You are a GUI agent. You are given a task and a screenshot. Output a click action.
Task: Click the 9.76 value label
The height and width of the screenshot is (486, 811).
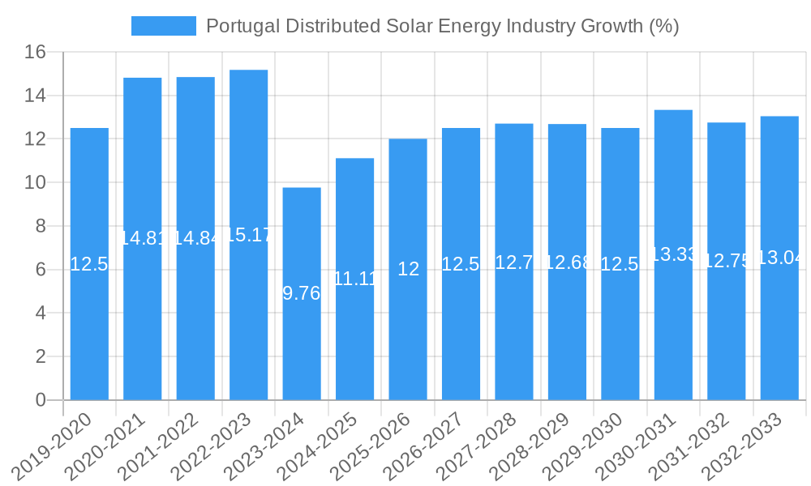click(302, 293)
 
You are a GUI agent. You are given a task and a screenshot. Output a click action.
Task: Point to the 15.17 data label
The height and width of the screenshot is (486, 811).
click(248, 236)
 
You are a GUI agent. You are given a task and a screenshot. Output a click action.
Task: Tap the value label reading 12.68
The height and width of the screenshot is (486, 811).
click(567, 262)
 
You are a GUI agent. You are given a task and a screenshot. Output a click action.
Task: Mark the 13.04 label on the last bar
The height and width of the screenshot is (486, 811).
click(779, 258)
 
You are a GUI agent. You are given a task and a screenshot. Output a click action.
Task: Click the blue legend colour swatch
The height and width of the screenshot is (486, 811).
click(164, 26)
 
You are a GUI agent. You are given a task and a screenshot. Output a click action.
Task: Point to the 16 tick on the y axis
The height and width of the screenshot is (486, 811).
click(35, 53)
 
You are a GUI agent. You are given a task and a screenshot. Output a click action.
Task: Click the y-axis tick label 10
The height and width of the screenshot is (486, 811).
click(35, 183)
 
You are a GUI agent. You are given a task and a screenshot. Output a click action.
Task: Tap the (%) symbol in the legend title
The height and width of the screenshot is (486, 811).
click(663, 26)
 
